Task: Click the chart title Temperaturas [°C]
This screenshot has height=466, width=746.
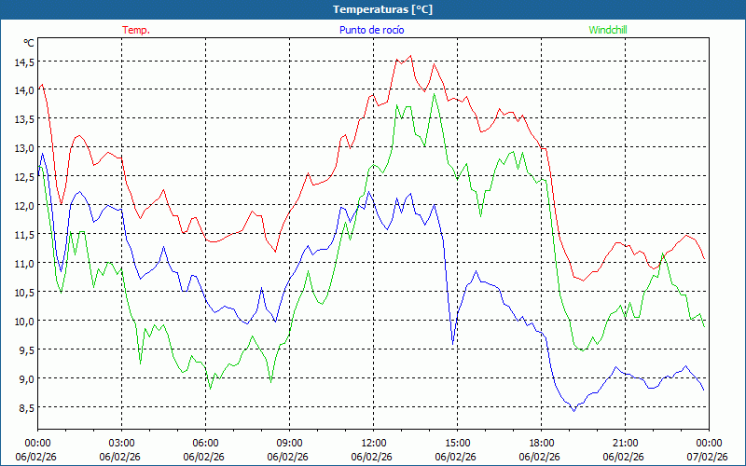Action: (382, 9)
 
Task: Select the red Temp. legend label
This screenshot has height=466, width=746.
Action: (136, 30)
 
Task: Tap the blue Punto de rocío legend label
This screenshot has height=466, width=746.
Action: (371, 30)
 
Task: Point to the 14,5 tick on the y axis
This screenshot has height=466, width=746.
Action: (23, 62)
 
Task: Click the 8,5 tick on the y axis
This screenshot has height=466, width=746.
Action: (23, 407)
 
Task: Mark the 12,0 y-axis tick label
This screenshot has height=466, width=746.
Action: (23, 206)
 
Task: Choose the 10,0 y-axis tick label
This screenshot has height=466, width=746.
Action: (23, 321)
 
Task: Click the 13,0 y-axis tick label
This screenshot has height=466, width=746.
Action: (23, 148)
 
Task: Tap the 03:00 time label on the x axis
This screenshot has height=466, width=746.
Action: (122, 442)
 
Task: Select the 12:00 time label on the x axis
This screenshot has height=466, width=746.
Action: (374, 442)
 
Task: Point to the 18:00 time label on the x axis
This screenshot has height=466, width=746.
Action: (542, 442)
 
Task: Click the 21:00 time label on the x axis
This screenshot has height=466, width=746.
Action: (626, 442)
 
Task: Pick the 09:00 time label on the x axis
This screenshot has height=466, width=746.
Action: (290, 442)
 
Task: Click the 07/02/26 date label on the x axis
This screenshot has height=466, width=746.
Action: (709, 457)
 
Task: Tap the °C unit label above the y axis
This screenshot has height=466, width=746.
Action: (29, 43)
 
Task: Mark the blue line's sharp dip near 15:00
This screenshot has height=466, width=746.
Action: (453, 344)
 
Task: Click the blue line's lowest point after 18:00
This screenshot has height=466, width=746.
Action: (573, 410)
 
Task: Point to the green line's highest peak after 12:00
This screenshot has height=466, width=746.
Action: (434, 94)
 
